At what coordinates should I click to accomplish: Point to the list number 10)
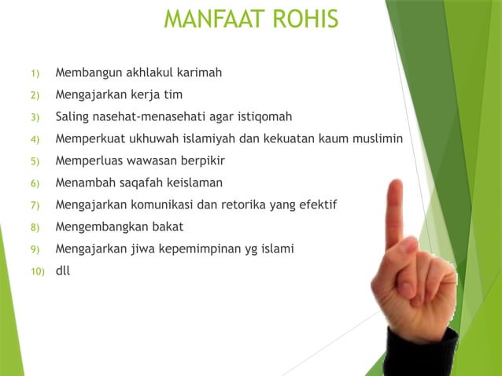37,272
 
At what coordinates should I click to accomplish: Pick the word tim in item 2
172,95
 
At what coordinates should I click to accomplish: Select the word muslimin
377,139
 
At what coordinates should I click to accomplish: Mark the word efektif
316,205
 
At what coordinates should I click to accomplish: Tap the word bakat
167,227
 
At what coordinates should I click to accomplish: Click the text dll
63,271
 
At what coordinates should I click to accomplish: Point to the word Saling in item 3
74,117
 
